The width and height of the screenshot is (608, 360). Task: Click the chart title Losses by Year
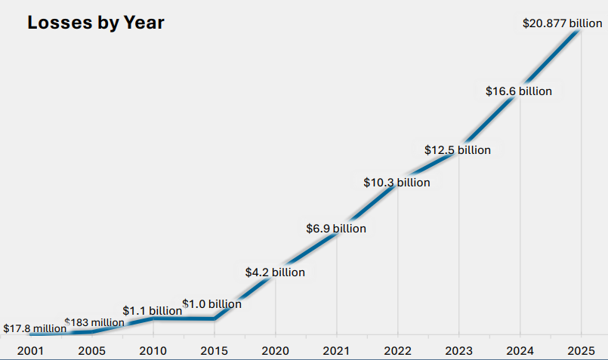click(96, 23)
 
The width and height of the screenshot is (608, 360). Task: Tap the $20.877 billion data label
click(562, 23)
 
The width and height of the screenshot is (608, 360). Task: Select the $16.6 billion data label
click(518, 91)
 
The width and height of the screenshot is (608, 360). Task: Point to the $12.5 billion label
click(457, 150)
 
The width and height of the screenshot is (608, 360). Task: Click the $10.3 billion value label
click(397, 182)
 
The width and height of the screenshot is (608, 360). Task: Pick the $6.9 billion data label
click(335, 228)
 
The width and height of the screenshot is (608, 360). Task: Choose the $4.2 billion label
click(275, 272)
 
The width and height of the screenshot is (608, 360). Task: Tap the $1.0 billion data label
click(212, 304)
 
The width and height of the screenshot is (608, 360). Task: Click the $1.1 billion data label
click(152, 310)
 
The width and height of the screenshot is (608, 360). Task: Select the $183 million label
click(94, 322)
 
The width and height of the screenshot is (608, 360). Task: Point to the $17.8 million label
click(34, 328)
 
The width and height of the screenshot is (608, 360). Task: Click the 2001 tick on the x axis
click(31, 350)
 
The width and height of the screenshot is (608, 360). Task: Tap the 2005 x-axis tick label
click(92, 350)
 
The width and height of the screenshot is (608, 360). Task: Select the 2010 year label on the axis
click(153, 350)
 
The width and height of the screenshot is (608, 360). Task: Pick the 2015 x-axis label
click(214, 350)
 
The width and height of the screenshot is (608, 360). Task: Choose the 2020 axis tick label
click(275, 350)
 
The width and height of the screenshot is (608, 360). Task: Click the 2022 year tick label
click(397, 350)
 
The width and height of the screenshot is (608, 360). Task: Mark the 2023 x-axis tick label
click(458, 350)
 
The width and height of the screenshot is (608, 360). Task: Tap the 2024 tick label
click(520, 350)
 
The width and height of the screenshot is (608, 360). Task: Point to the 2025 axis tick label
click(580, 350)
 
